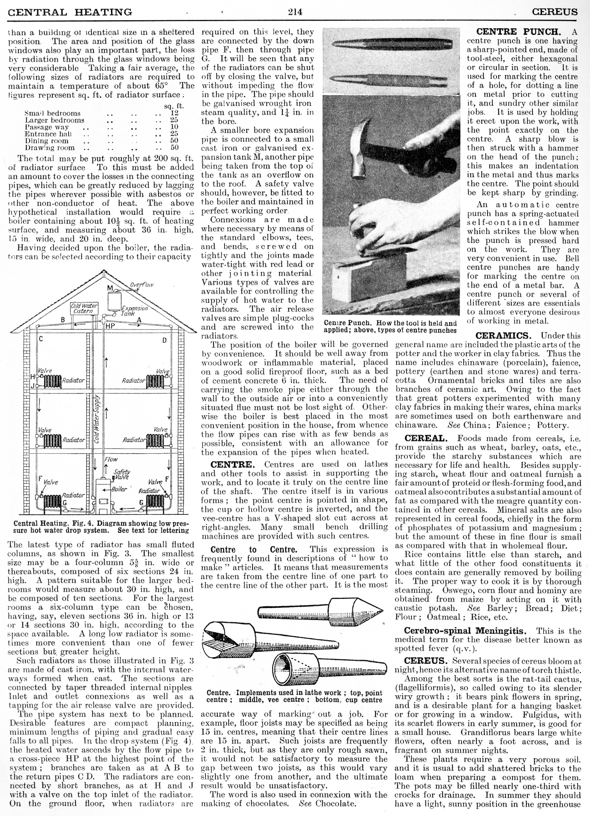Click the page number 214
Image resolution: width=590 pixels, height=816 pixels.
point(295,12)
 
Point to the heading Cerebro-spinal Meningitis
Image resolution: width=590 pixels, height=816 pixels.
point(466,631)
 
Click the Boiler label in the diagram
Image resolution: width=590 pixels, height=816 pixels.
point(119,489)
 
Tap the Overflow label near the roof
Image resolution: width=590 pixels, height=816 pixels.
point(142,285)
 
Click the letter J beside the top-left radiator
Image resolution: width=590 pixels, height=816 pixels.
point(32,386)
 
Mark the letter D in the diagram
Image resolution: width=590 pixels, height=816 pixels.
point(164,340)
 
